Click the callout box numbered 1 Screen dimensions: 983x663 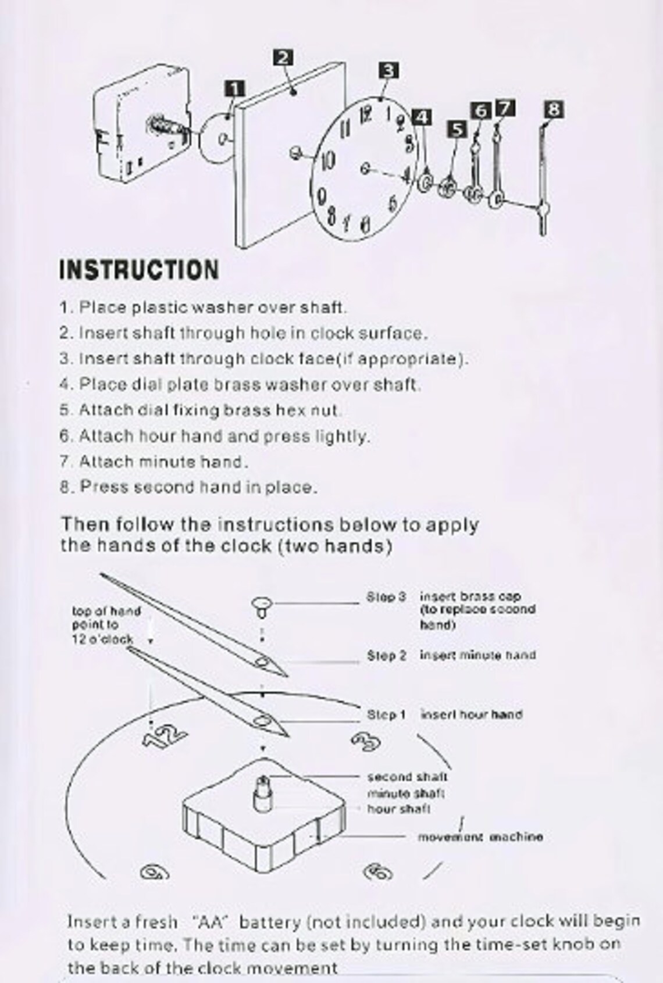coord(234,89)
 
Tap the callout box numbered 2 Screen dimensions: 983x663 coord(283,58)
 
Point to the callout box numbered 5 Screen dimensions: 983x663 coord(457,129)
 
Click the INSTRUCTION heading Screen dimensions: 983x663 coord(140,270)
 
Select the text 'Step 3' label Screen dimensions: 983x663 coord(386,597)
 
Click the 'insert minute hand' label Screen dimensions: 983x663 coord(477,655)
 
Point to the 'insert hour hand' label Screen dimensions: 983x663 coord(471,714)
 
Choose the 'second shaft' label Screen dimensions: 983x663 coord(407,777)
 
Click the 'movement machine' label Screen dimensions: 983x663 coord(480,837)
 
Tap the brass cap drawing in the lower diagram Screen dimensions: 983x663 coord(263,606)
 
